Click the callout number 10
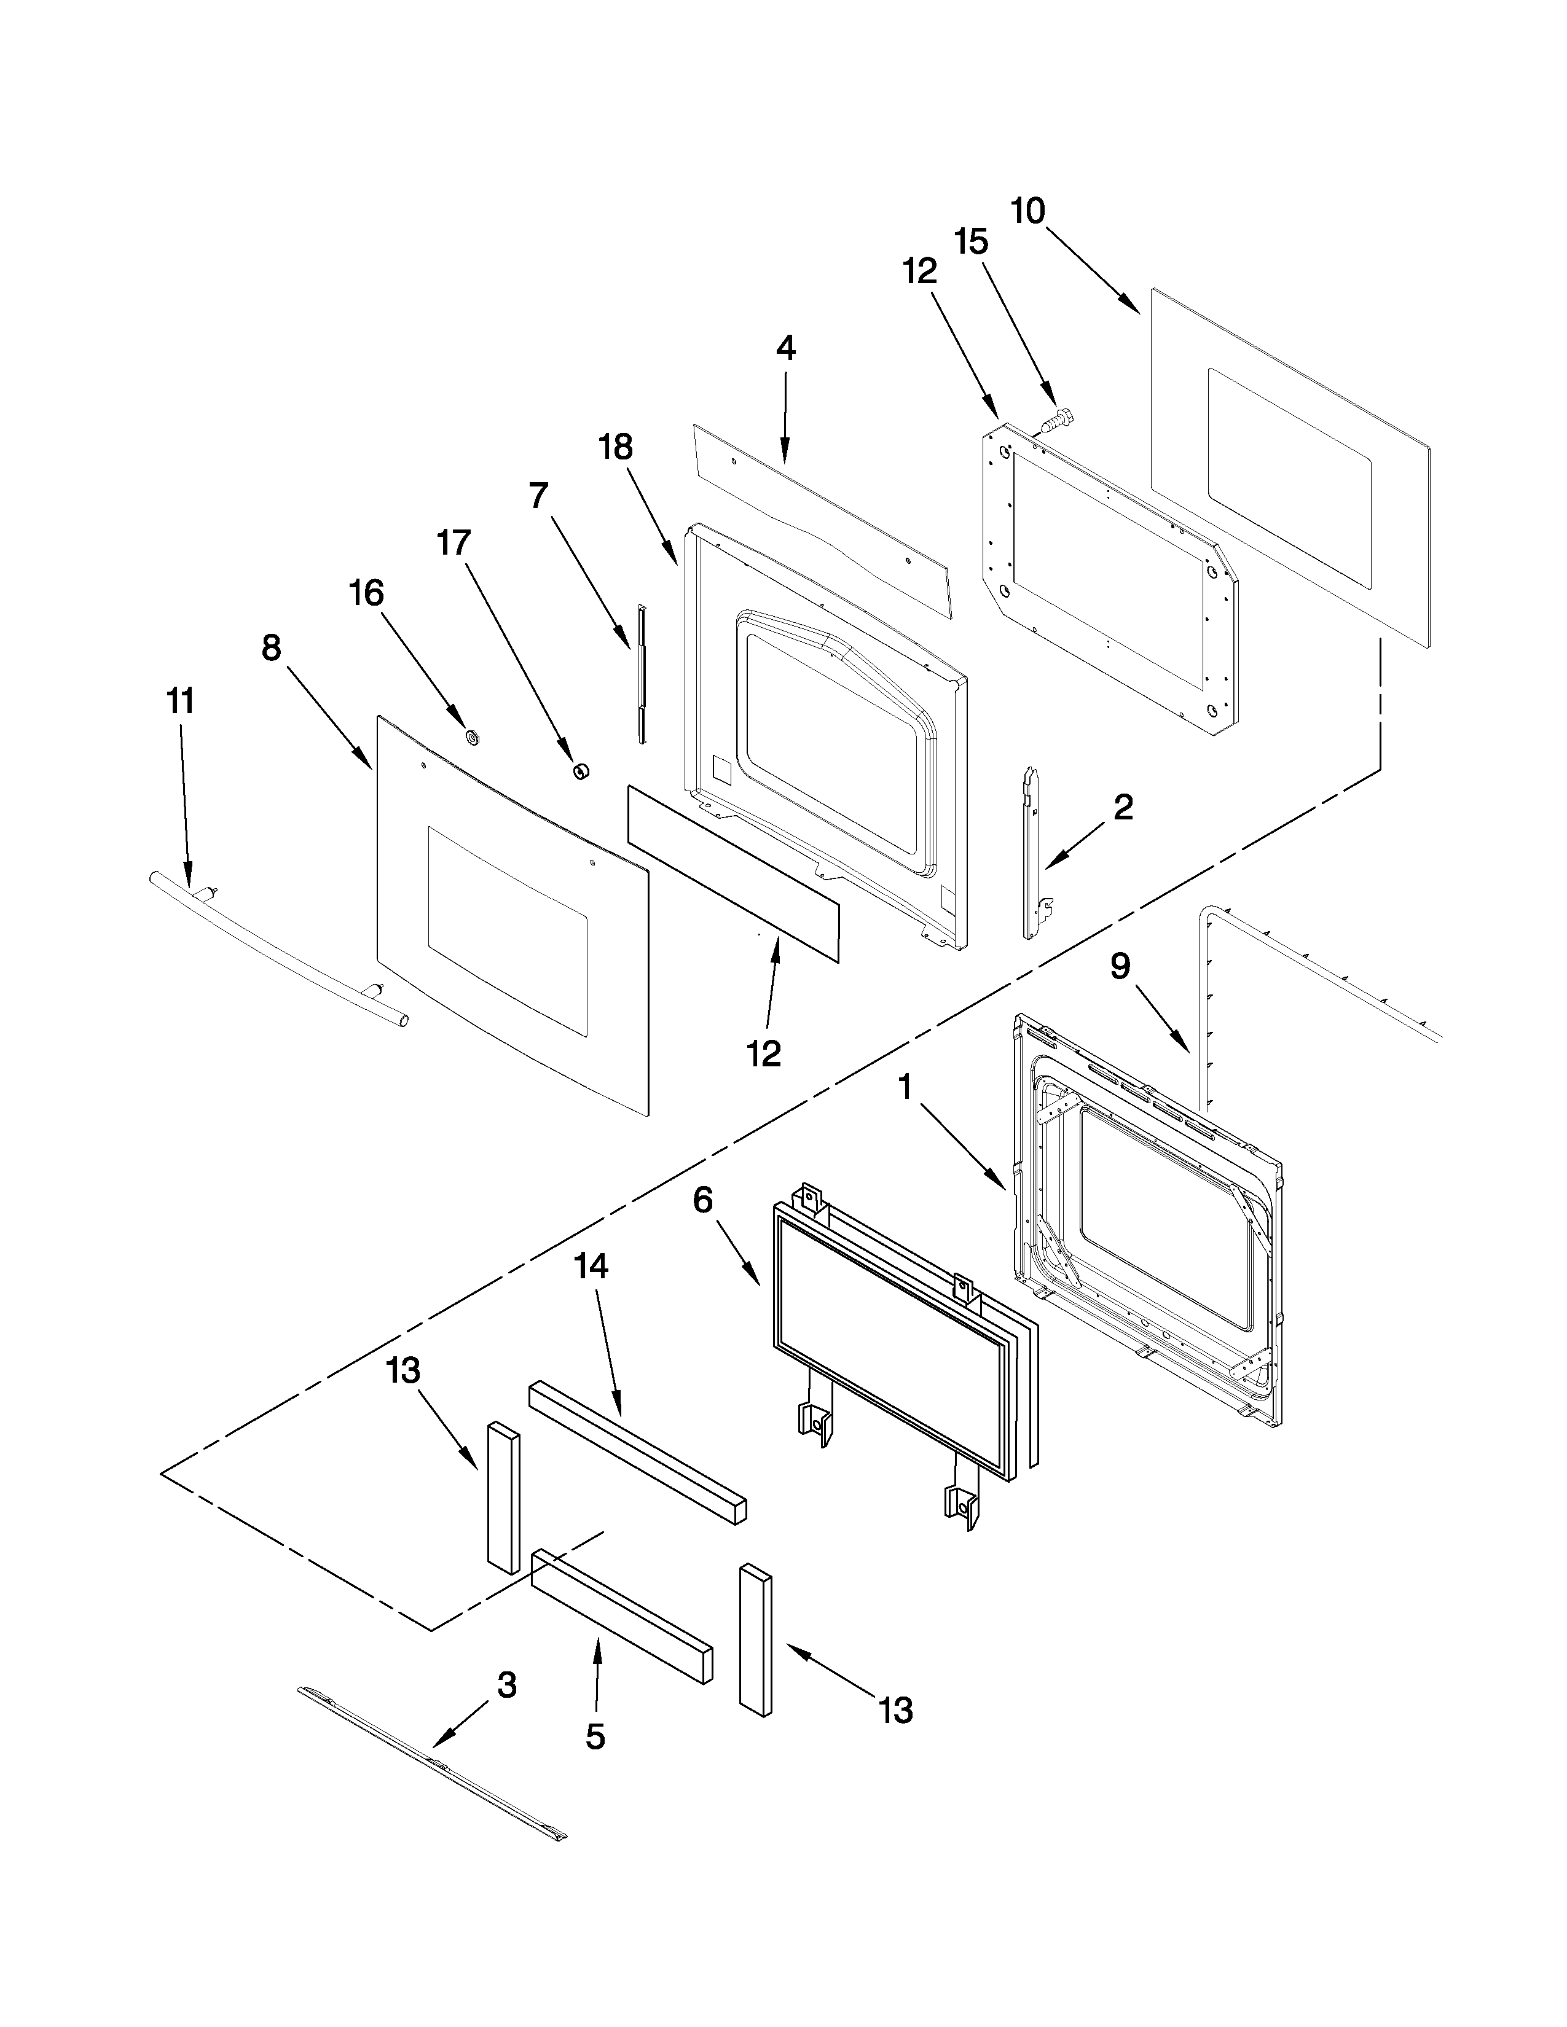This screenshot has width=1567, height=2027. point(1027,212)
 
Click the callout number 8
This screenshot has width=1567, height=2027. point(271,648)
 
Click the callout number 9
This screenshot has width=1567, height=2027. point(1120,967)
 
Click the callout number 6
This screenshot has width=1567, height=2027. point(703,1200)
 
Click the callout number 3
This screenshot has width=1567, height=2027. point(507,1684)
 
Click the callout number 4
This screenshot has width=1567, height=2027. point(785,349)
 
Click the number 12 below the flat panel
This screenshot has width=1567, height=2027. point(764,1053)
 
